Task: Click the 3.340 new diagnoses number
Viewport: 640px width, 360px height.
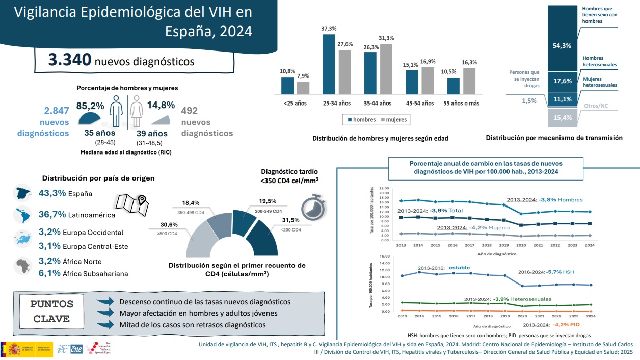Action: (70, 60)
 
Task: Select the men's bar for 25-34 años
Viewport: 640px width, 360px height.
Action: (329, 64)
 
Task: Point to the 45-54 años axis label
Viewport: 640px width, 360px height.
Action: (419, 104)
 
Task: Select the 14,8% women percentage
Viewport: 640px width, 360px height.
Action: (161, 105)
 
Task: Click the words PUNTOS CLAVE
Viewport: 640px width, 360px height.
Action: (52, 312)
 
